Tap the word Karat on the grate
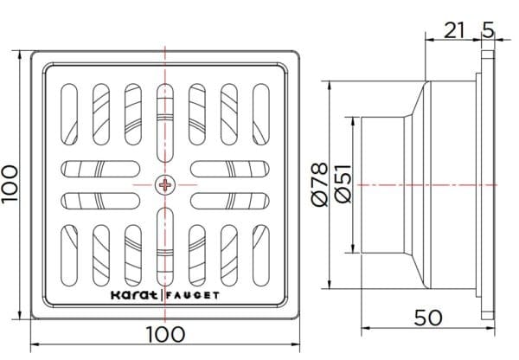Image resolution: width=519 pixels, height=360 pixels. click(x=135, y=294)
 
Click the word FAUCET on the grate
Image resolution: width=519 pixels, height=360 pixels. click(x=194, y=294)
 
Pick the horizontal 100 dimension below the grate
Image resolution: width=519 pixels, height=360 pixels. click(x=164, y=334)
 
